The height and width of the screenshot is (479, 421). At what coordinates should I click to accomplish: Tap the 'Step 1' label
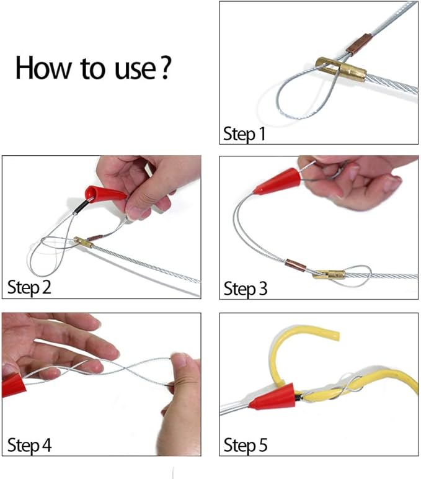[x=244, y=133]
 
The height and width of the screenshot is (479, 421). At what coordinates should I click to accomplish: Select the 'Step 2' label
[x=29, y=287]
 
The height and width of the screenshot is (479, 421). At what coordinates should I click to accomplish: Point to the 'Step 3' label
[x=244, y=289]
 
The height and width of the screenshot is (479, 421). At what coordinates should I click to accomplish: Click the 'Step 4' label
[x=29, y=444]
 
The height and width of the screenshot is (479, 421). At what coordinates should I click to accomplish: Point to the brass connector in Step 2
[x=82, y=242]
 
